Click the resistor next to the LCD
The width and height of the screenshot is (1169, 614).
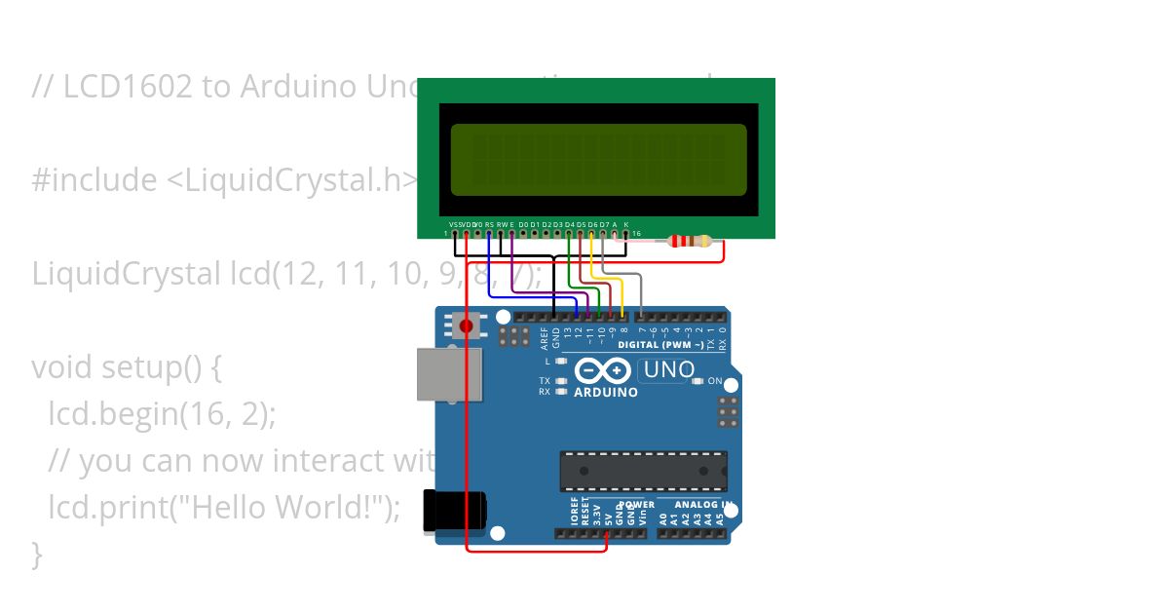pos(691,242)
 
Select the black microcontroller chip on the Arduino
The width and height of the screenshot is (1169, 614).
pos(643,471)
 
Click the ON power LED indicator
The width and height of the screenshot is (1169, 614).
pos(698,381)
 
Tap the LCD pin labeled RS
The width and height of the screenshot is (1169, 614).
pos(489,233)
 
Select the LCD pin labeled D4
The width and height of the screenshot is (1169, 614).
pos(569,233)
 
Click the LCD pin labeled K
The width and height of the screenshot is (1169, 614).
pos(626,233)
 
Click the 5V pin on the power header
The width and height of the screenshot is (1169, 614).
pos(607,533)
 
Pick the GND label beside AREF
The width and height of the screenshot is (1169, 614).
pos(556,337)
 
